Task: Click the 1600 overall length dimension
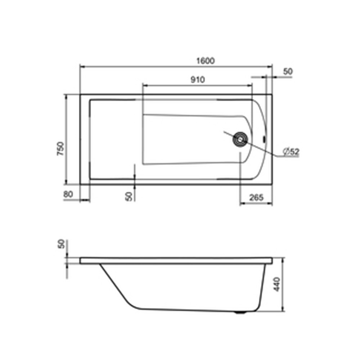(206, 61)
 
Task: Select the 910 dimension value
(198, 80)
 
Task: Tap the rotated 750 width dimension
(60, 149)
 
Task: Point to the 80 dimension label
(68, 194)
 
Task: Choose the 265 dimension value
(256, 197)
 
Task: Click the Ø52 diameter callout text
(291, 152)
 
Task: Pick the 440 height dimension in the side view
(277, 284)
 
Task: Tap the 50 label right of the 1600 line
(288, 72)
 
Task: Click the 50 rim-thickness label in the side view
(61, 244)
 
